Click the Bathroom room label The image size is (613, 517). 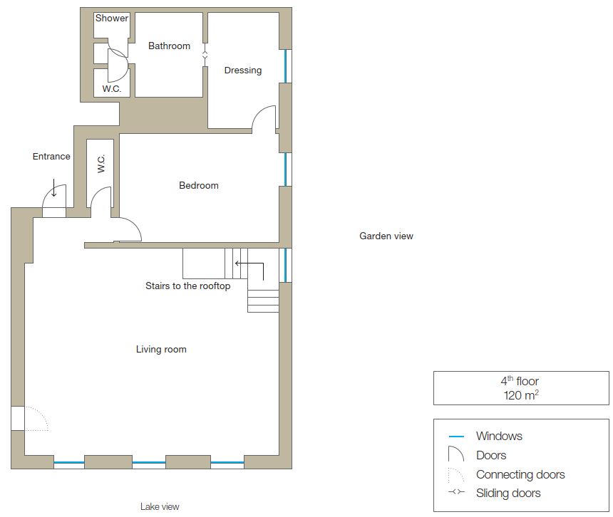pyautogui.click(x=169, y=46)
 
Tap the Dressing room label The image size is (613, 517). pyautogui.click(x=243, y=70)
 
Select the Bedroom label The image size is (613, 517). pyautogui.click(x=199, y=185)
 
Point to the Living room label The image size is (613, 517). pyautogui.click(x=161, y=349)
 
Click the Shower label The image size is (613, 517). pyautogui.click(x=112, y=18)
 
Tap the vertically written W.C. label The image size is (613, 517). pyautogui.click(x=101, y=164)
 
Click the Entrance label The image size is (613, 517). pyautogui.click(x=51, y=156)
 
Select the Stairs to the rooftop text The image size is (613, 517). pyautogui.click(x=187, y=286)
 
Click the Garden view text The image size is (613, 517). pyautogui.click(x=386, y=236)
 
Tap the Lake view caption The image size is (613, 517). pyautogui.click(x=160, y=506)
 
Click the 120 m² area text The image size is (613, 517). pyautogui.click(x=521, y=395)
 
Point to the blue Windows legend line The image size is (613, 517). pyautogui.click(x=456, y=436)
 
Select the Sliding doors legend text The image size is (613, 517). pyautogui.click(x=508, y=493)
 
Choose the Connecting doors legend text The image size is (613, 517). pyautogui.click(x=520, y=474)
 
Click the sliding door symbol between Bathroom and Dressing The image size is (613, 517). pyautogui.click(x=205, y=55)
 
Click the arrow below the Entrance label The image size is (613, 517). pyautogui.click(x=54, y=187)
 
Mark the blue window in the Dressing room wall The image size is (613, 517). pyautogui.click(x=285, y=66)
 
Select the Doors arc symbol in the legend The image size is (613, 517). pyautogui.click(x=456, y=454)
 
